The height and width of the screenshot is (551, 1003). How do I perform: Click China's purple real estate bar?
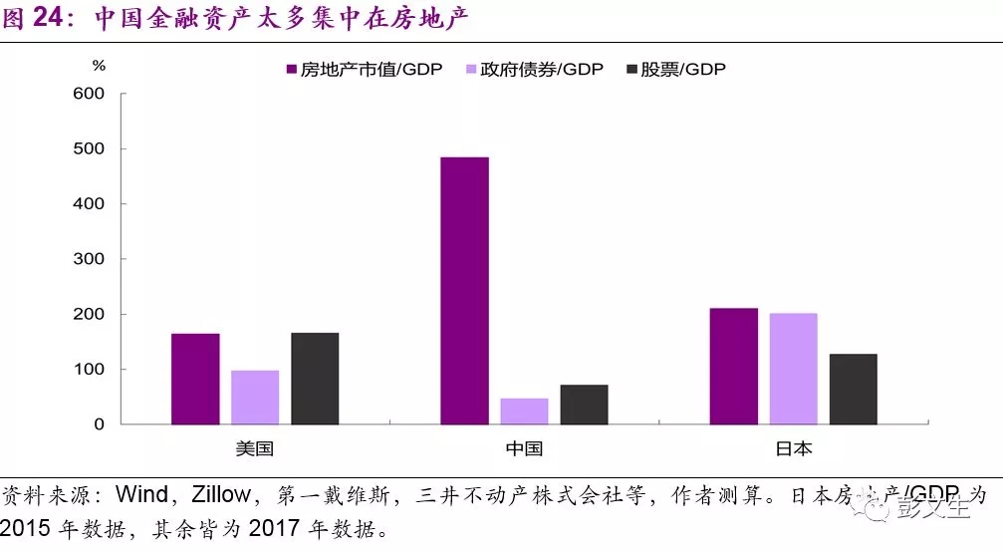pyautogui.click(x=464, y=290)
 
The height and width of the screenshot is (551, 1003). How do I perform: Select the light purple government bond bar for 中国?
pyautogui.click(x=524, y=412)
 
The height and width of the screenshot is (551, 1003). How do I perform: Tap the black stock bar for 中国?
pyautogui.click(x=584, y=405)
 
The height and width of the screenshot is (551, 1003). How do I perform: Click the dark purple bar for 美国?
pyautogui.click(x=195, y=379)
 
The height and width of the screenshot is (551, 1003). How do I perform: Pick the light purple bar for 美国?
pyautogui.click(x=255, y=398)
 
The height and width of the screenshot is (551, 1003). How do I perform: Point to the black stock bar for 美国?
pyautogui.click(x=315, y=379)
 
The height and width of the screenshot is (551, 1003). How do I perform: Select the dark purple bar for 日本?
pyautogui.click(x=733, y=366)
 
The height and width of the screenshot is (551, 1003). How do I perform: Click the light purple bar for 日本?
pyautogui.click(x=793, y=369)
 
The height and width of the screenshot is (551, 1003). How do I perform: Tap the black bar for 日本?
pyautogui.click(x=853, y=389)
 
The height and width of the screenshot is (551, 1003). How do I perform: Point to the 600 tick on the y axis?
pyautogui.click(x=90, y=94)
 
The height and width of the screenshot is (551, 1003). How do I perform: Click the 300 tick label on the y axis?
pyautogui.click(x=90, y=259)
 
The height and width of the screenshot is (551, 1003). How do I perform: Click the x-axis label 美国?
pyautogui.click(x=255, y=447)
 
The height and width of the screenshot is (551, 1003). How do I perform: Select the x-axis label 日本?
pyautogui.click(x=793, y=447)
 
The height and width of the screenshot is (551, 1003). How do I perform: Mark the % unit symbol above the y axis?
pyautogui.click(x=98, y=66)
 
